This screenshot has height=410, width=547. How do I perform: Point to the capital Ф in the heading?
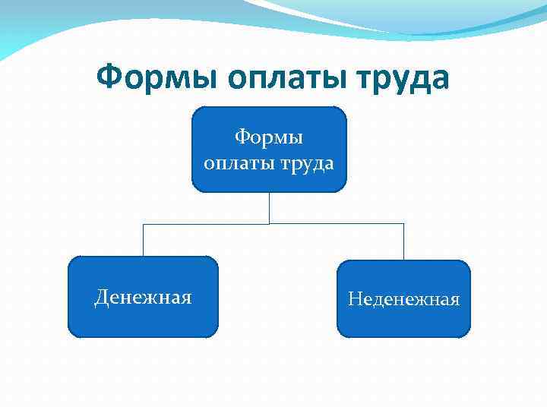109,77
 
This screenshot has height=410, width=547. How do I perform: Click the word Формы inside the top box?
269,137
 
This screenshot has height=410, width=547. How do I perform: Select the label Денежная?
143,296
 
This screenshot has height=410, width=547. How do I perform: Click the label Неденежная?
403,299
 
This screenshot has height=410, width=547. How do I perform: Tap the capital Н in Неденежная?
355,299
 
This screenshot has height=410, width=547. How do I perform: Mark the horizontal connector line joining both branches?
205,224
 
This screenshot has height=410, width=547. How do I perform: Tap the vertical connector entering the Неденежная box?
403,243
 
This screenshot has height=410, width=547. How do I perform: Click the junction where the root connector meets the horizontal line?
269,224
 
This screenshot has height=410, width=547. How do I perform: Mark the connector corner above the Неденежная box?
403,224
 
